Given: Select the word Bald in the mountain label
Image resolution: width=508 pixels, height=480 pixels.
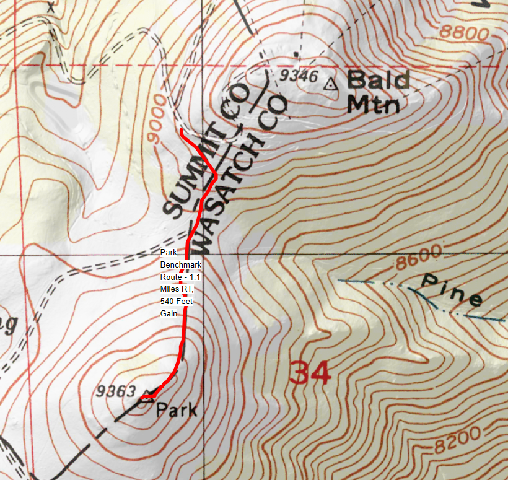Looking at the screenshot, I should (x=379, y=81).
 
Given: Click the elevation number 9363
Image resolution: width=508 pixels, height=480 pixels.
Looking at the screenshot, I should (x=116, y=391).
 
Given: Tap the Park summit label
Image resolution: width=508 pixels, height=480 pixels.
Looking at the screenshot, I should (x=177, y=409).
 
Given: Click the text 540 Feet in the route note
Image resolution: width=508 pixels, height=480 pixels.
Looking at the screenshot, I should (x=176, y=302).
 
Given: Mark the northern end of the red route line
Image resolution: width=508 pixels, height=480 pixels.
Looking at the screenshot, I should (x=180, y=131).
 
